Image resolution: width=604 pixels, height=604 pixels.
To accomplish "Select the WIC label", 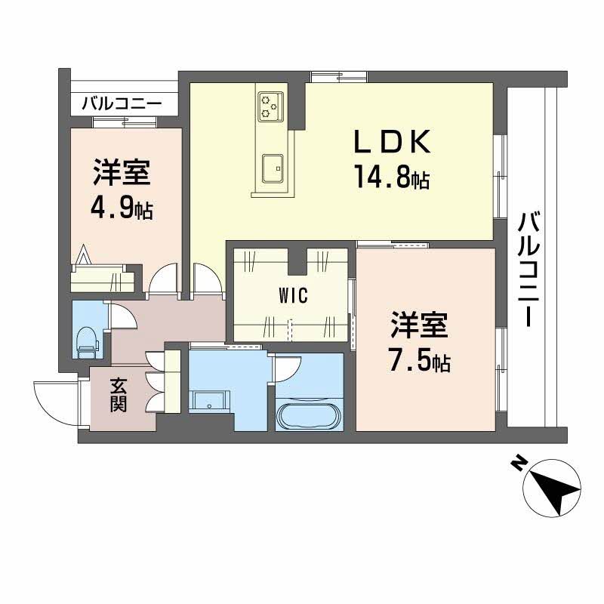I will (x=292, y=296).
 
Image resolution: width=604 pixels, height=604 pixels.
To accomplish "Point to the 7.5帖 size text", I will (x=421, y=362).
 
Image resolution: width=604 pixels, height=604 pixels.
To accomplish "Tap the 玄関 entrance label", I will (x=118, y=395).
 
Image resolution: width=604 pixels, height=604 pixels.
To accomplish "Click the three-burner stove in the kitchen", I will (x=270, y=106).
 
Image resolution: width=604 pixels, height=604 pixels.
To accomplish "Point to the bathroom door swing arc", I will (x=285, y=371).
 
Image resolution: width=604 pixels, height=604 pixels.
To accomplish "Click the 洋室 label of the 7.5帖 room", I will (x=420, y=326).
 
